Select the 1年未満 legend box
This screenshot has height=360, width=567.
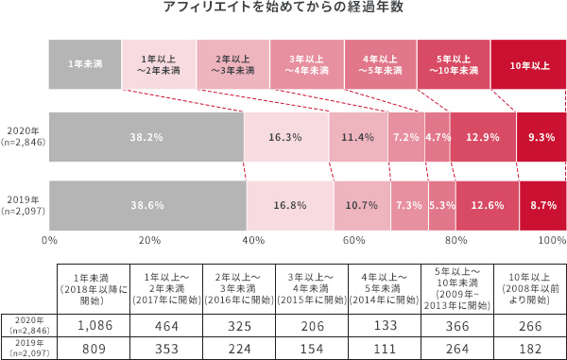pos(85,64)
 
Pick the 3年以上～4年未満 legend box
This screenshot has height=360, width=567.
pos(306,64)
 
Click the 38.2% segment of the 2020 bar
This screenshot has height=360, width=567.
pos(146,137)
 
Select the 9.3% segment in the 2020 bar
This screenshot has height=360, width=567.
pos(541,137)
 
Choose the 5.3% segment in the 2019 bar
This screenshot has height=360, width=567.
pos(441,205)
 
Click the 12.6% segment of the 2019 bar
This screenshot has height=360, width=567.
pos(487,205)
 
